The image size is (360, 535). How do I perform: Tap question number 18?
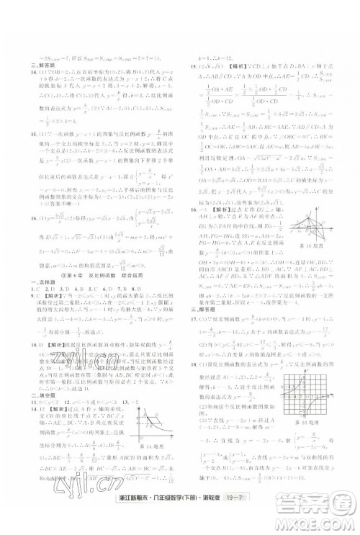192,367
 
